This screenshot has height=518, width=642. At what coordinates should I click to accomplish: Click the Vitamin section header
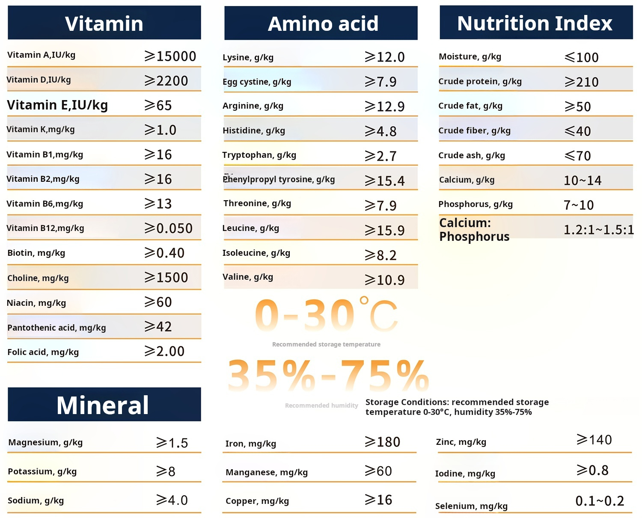coord(104,23)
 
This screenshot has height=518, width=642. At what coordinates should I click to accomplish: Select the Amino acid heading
coord(323,24)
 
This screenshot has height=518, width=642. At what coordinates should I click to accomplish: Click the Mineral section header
coord(103,405)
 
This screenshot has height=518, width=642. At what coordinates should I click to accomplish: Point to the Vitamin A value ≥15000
coord(170,56)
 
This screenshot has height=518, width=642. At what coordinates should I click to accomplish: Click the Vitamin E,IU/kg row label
coord(57,105)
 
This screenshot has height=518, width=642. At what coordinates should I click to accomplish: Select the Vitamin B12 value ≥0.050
coord(169,228)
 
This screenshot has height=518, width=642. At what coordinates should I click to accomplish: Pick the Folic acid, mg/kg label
coord(43,352)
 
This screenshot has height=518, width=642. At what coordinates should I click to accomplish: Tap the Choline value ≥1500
coord(166,278)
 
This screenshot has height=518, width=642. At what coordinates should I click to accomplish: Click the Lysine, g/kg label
coord(248,57)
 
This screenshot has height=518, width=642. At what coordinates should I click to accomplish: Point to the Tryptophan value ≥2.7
coord(380,156)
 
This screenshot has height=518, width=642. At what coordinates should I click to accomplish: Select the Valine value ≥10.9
coord(384,280)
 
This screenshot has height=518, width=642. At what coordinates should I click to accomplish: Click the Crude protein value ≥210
coord(581,82)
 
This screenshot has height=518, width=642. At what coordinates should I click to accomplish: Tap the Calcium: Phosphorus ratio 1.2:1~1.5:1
coord(598,230)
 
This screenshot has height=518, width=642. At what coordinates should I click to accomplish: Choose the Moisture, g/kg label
coord(470,56)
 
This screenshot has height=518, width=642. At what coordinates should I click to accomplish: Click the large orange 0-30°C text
coord(326,316)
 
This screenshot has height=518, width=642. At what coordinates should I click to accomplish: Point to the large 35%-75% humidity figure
coord(328,376)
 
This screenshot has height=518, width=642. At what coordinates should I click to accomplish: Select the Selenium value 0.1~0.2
coord(600,501)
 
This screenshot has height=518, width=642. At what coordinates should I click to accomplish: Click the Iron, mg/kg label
coord(250,444)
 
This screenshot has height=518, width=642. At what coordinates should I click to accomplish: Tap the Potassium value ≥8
coord(166,471)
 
